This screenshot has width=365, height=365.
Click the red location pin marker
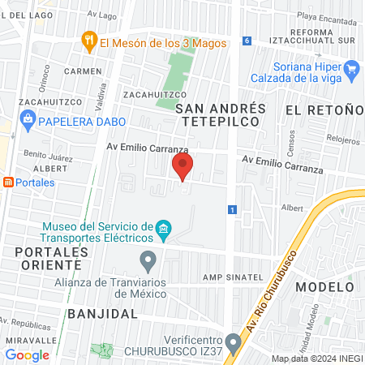[182, 167]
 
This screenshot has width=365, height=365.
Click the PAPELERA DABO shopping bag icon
[28, 122]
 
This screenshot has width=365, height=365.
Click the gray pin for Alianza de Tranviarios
[148, 261]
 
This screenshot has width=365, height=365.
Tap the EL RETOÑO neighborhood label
[324, 109]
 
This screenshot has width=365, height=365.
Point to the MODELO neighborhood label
[324, 287]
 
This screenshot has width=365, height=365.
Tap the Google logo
[28, 354]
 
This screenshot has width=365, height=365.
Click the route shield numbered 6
[247, 40]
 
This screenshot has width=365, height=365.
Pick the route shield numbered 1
[233, 210]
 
